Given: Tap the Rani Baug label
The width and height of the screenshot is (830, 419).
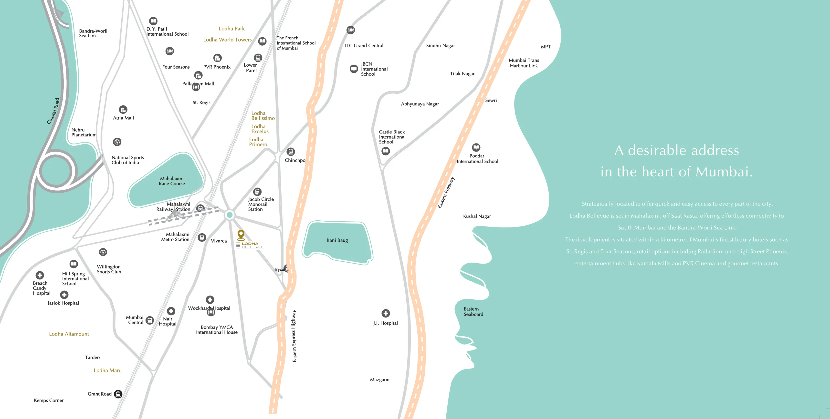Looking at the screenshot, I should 337,240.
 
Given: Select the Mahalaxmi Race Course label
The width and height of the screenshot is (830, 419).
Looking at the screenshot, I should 172,181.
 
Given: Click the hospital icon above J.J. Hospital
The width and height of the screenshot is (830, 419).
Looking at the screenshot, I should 385,313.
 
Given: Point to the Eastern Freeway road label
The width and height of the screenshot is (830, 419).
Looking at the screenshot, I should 446,193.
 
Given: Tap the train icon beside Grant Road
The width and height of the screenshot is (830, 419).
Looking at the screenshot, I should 118,394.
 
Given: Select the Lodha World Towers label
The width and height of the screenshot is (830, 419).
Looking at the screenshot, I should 227,40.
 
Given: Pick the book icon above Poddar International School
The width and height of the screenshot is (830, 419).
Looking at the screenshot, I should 476,147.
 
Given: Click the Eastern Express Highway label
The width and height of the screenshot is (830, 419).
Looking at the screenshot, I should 294,336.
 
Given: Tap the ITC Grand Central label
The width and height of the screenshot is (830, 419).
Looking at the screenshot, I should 364,46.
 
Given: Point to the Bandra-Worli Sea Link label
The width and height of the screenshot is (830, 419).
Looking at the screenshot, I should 93,33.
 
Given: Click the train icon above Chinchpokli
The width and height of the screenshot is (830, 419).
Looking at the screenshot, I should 291,151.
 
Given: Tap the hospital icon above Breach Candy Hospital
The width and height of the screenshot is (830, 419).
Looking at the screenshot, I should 40,275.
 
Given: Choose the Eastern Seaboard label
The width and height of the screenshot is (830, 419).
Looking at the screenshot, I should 473,311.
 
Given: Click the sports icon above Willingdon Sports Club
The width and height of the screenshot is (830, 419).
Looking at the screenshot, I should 103,252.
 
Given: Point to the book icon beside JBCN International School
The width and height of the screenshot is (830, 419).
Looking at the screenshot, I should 354,69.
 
